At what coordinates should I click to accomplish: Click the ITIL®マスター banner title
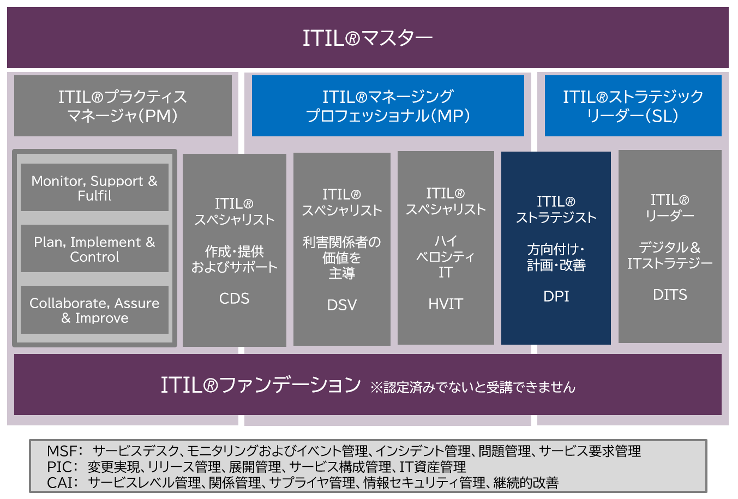click(368, 38)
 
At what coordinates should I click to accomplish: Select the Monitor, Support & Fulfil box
click(94, 188)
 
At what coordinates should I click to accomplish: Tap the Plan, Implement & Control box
click(94, 249)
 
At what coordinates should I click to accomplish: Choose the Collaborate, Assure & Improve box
click(94, 310)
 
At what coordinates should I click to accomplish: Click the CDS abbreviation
click(234, 298)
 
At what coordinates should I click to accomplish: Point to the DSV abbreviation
click(342, 305)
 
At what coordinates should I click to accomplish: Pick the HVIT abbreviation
click(446, 304)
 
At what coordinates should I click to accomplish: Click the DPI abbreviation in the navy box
click(556, 296)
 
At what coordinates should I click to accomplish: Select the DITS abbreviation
click(670, 295)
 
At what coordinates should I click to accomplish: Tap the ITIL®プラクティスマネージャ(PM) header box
click(123, 106)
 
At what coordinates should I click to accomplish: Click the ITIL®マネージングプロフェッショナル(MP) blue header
click(388, 106)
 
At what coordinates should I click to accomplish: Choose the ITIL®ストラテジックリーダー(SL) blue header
click(633, 106)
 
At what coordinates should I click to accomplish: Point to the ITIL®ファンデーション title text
click(260, 385)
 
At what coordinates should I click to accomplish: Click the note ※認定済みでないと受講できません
click(473, 387)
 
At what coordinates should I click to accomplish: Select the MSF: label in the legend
click(64, 451)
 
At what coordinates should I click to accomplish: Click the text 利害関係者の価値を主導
click(342, 257)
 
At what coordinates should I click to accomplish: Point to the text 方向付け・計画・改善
click(556, 257)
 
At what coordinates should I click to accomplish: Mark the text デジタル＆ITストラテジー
click(670, 255)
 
